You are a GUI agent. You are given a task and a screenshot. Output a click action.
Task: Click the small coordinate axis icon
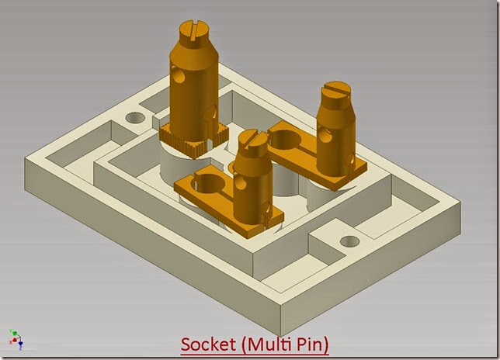click(x=16, y=338)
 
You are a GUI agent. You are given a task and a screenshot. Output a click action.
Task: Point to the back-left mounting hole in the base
click(x=135, y=119)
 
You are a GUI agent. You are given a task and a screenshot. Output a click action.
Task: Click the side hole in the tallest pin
click(x=180, y=78)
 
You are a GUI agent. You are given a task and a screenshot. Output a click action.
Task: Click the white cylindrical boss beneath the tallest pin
click(x=180, y=163)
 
